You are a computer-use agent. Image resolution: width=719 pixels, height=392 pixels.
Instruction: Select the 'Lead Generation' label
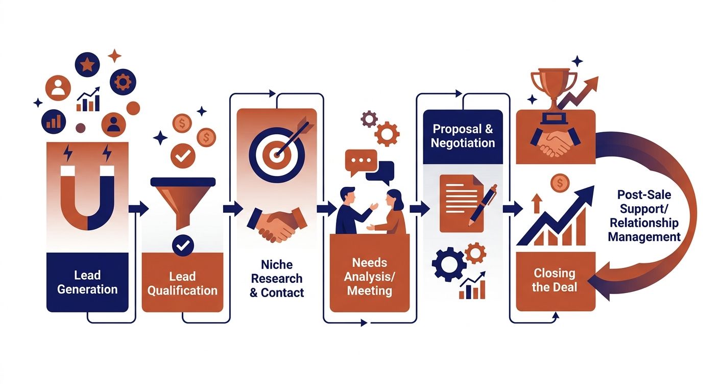(x=87, y=282)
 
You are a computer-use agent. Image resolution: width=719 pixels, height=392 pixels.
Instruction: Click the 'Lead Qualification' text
(x=182, y=284)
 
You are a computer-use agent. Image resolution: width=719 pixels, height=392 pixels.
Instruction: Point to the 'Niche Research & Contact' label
(x=277, y=279)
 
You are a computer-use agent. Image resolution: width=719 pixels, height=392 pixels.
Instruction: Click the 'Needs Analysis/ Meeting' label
(x=369, y=277)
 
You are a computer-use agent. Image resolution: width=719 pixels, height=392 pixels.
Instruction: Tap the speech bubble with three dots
(x=361, y=161)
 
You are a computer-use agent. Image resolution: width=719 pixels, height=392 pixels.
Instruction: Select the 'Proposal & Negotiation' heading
(x=463, y=136)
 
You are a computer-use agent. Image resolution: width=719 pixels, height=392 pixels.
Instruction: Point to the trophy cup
(x=554, y=93)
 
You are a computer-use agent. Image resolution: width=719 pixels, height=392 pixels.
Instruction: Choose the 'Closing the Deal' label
(x=555, y=280)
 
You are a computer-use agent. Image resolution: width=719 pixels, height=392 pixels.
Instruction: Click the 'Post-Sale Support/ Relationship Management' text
(x=644, y=216)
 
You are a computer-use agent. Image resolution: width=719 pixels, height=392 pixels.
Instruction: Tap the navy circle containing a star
(x=87, y=64)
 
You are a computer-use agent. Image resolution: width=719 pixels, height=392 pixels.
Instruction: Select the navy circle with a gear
(x=123, y=82)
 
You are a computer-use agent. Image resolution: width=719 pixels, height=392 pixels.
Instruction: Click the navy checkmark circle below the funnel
(x=183, y=246)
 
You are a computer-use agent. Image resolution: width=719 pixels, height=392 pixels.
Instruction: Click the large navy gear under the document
(x=449, y=264)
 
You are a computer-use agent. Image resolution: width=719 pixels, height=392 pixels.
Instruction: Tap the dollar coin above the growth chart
(x=560, y=183)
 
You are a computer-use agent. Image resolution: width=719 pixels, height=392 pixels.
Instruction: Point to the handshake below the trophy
(x=556, y=142)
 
